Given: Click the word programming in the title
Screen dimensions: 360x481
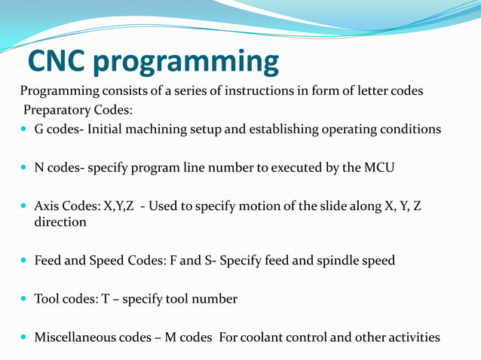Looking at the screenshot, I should pyautogui.click(x=186, y=63).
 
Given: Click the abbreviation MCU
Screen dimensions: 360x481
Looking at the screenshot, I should pyautogui.click(x=378, y=167).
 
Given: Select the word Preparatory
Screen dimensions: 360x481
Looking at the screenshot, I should pyautogui.click(x=54, y=110).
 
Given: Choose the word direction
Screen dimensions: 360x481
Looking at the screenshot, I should pyautogui.click(x=60, y=222).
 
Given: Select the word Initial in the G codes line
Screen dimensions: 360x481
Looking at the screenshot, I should pyautogui.click(x=107, y=129).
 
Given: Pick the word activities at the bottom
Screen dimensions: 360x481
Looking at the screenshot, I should pyautogui.click(x=412, y=337).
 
